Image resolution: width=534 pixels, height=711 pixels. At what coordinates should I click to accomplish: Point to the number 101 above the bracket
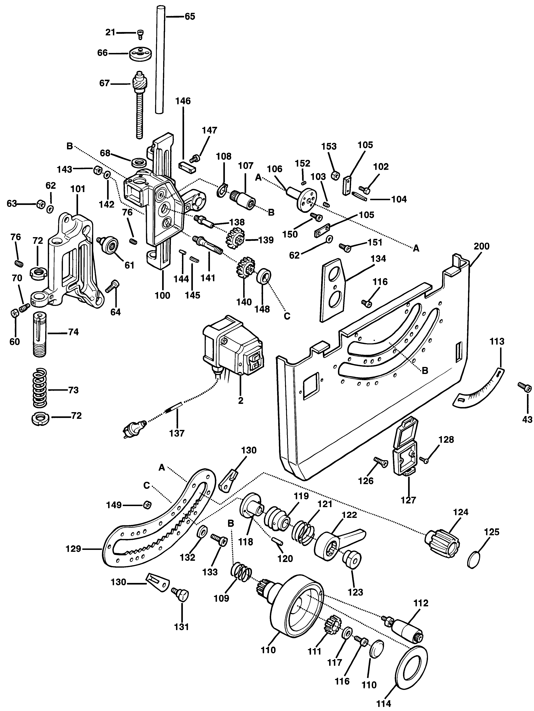(x=78, y=189)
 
